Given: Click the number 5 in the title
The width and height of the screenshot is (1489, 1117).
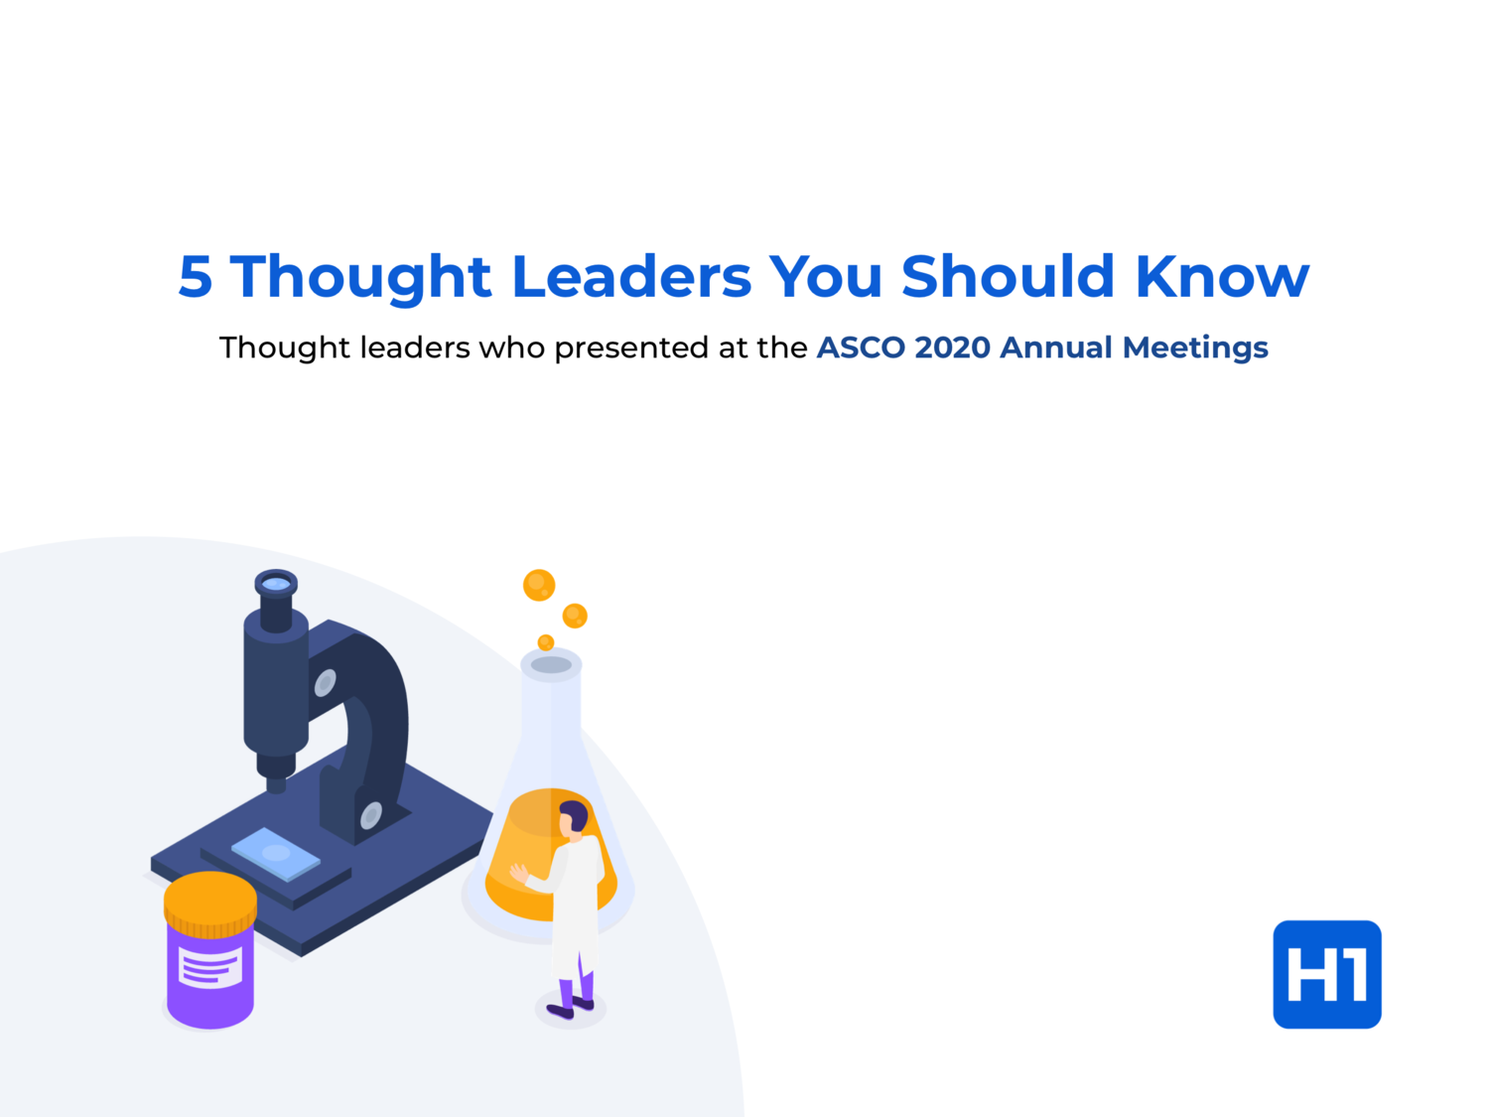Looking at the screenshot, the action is (196, 276).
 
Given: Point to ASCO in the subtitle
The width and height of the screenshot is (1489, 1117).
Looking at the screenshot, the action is (861, 348).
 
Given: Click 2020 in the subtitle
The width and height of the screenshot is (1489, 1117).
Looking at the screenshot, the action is (952, 348).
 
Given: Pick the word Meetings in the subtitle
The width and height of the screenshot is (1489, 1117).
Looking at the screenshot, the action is (1195, 349).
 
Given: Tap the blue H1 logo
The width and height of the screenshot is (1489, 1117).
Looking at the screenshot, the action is (1327, 974).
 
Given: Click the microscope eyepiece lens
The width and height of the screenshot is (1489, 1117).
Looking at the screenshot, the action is (276, 583).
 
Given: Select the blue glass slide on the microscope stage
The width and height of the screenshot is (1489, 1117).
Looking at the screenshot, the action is (276, 853).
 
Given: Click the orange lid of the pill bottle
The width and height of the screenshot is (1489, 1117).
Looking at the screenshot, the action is (210, 905).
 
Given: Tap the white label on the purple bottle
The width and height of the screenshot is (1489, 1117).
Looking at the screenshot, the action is (210, 966).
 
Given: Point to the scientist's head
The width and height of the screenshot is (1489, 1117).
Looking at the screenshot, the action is (573, 818).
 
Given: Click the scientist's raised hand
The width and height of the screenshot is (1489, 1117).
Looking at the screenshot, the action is (518, 873).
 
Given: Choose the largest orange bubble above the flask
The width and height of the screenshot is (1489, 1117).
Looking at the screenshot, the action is (539, 585).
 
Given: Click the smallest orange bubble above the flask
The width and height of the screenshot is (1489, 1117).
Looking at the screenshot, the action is (545, 641).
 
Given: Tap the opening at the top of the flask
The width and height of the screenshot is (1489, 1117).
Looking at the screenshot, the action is (551, 664).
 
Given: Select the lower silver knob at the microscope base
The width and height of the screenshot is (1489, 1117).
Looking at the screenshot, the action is (371, 815).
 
